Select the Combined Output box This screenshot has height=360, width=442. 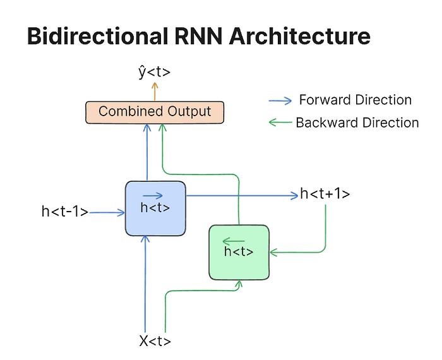click(155, 112)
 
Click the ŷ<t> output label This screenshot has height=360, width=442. click(154, 73)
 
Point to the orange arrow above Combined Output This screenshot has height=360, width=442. click(153, 92)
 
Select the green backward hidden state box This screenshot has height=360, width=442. click(239, 252)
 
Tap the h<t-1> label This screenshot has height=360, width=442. click(64, 212)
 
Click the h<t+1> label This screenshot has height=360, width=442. click(325, 194)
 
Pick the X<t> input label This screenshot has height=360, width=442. click(155, 342)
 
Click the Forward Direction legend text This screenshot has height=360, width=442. click(355, 100)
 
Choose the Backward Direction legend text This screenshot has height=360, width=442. click(357, 123)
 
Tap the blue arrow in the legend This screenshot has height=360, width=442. click(280, 100)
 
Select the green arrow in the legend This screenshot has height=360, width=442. click(280, 123)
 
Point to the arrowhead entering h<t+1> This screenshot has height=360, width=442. click(294, 196)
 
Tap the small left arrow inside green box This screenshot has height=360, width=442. click(234, 241)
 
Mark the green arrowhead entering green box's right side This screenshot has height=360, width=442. click(273, 253)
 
